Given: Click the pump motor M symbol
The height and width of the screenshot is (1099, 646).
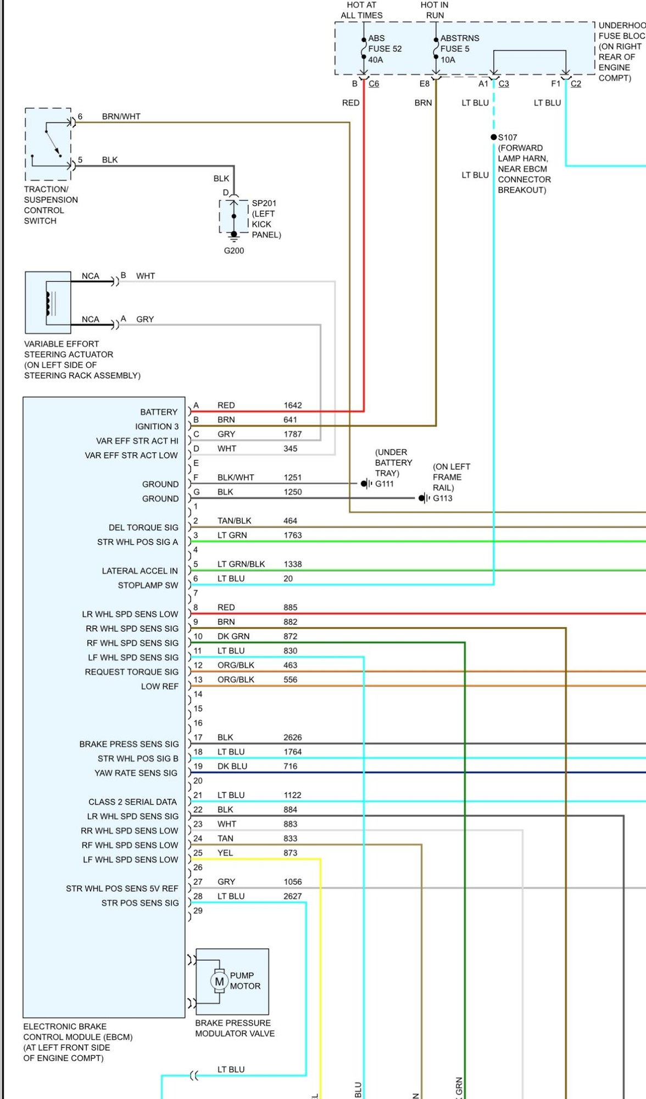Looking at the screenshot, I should (219, 981).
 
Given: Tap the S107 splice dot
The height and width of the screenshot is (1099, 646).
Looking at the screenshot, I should (494, 137).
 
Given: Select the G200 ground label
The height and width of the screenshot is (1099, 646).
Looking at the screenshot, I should (234, 251).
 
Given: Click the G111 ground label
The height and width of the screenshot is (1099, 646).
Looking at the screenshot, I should (385, 484).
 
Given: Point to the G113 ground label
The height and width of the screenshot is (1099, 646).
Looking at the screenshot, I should (443, 498).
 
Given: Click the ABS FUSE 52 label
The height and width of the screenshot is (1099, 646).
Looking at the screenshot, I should (385, 48).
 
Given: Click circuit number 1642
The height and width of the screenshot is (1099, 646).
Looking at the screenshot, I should (293, 406).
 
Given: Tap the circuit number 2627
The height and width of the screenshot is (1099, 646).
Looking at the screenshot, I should (293, 896).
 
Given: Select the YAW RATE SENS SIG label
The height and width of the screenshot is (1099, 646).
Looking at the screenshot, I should (136, 773).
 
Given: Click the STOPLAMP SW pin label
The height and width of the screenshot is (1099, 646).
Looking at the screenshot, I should (148, 585).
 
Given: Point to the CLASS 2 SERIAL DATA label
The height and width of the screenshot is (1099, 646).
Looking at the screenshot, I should (133, 802).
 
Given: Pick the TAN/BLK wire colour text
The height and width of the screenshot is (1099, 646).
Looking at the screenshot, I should (235, 521).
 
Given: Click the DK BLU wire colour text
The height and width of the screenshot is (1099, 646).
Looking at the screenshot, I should (232, 766).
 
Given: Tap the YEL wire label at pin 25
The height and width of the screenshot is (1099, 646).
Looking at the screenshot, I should (225, 853).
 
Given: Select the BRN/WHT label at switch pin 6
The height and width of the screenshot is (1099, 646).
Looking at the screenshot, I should (121, 116).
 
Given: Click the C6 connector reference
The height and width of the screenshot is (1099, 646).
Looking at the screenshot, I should (374, 84).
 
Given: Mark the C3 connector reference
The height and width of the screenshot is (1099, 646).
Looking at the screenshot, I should (504, 84).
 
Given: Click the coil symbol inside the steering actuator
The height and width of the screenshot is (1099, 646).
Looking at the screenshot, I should (48, 303).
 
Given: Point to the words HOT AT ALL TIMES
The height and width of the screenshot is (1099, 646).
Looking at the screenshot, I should (362, 10).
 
